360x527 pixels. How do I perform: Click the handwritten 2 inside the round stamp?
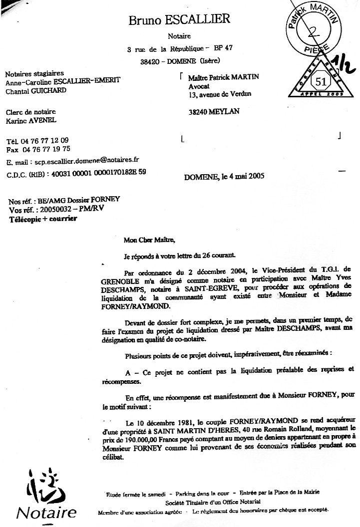[315, 32]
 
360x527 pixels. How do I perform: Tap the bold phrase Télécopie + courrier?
[43, 219]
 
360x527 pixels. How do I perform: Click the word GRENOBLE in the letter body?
[142, 277]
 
